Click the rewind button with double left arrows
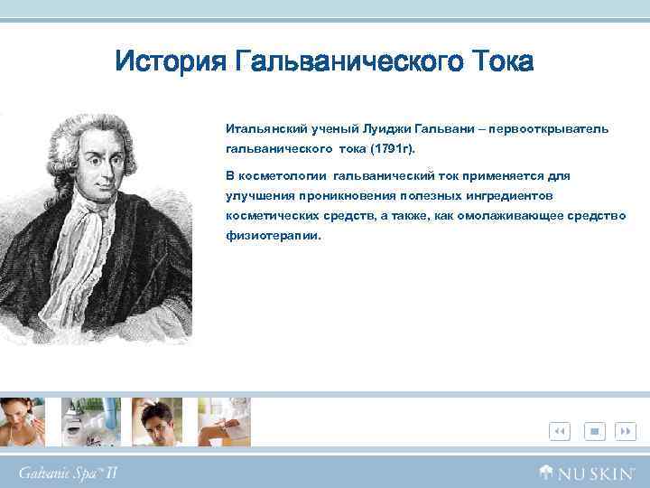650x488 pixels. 559,431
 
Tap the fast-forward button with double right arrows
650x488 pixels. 625,431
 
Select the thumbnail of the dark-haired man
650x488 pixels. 158,422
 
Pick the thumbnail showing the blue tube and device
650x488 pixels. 92,422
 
